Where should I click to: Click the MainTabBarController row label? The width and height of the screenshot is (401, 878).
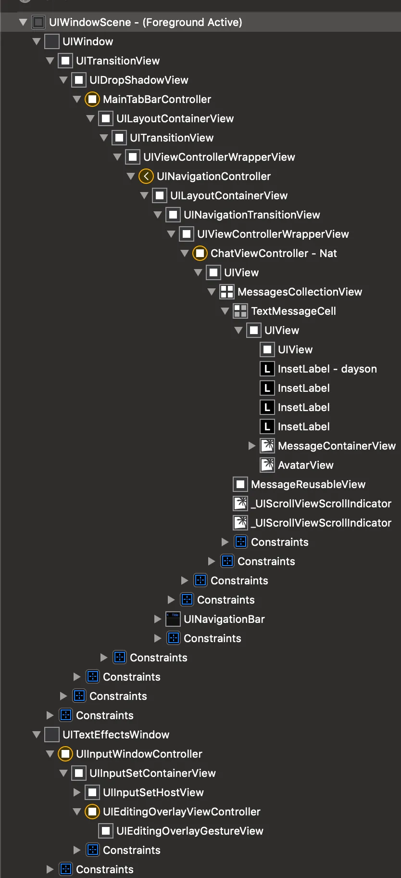pyautogui.click(x=157, y=99)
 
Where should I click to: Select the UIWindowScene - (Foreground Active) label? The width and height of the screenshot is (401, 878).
pyautogui.click(x=145, y=22)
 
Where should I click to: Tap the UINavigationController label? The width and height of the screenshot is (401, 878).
pyautogui.click(x=213, y=176)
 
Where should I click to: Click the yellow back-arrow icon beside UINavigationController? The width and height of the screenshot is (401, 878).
pyautogui.click(x=146, y=176)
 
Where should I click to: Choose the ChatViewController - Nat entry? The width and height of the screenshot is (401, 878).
pyautogui.click(x=273, y=253)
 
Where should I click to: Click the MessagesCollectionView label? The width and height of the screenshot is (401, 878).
pyautogui.click(x=300, y=292)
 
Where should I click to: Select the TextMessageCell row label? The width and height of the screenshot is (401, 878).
pyautogui.click(x=293, y=311)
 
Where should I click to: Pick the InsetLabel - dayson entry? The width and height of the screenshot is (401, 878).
pyautogui.click(x=327, y=369)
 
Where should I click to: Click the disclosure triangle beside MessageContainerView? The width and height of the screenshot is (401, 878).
pyautogui.click(x=252, y=446)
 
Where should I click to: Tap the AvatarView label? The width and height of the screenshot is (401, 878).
pyautogui.click(x=305, y=465)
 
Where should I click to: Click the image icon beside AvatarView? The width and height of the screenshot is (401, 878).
pyautogui.click(x=267, y=465)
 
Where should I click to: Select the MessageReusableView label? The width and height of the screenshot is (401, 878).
pyautogui.click(x=308, y=484)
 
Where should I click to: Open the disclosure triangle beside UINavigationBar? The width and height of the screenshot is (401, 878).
pyautogui.click(x=158, y=619)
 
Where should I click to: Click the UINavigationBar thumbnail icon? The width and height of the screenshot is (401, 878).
pyautogui.click(x=173, y=619)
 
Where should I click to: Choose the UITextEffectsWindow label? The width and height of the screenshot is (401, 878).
pyautogui.click(x=115, y=735)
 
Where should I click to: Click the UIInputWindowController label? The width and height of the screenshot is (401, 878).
pyautogui.click(x=139, y=754)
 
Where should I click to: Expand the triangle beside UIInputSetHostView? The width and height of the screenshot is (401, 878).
pyautogui.click(x=77, y=792)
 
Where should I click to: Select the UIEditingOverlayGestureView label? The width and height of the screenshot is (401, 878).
pyautogui.click(x=189, y=831)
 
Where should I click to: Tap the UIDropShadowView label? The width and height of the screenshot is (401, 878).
pyautogui.click(x=138, y=80)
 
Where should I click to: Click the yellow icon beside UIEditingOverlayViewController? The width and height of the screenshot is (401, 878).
pyautogui.click(x=92, y=812)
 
